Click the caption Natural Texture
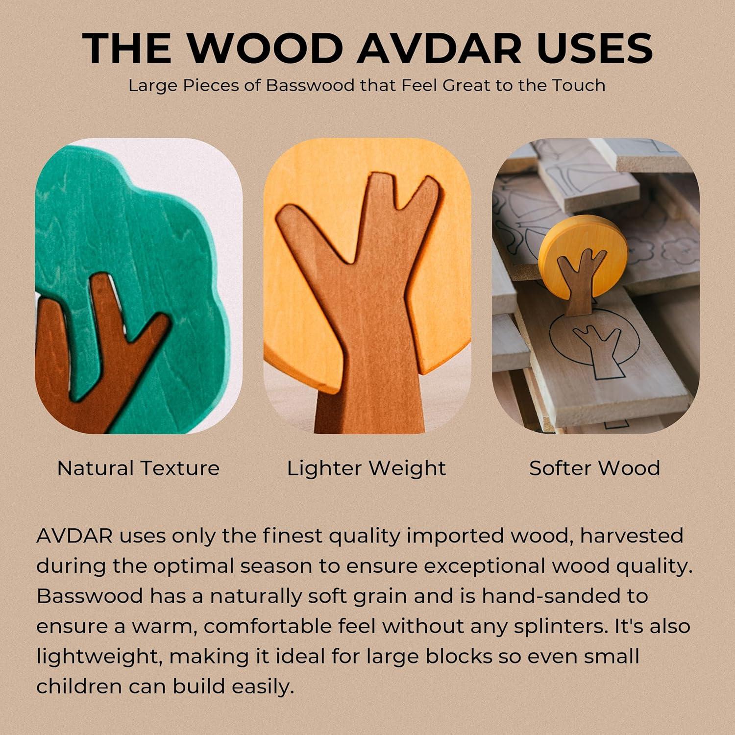pos(138,468)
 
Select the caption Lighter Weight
pos(367,468)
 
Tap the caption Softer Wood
pos(595,468)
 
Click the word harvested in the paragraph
pos(632,536)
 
